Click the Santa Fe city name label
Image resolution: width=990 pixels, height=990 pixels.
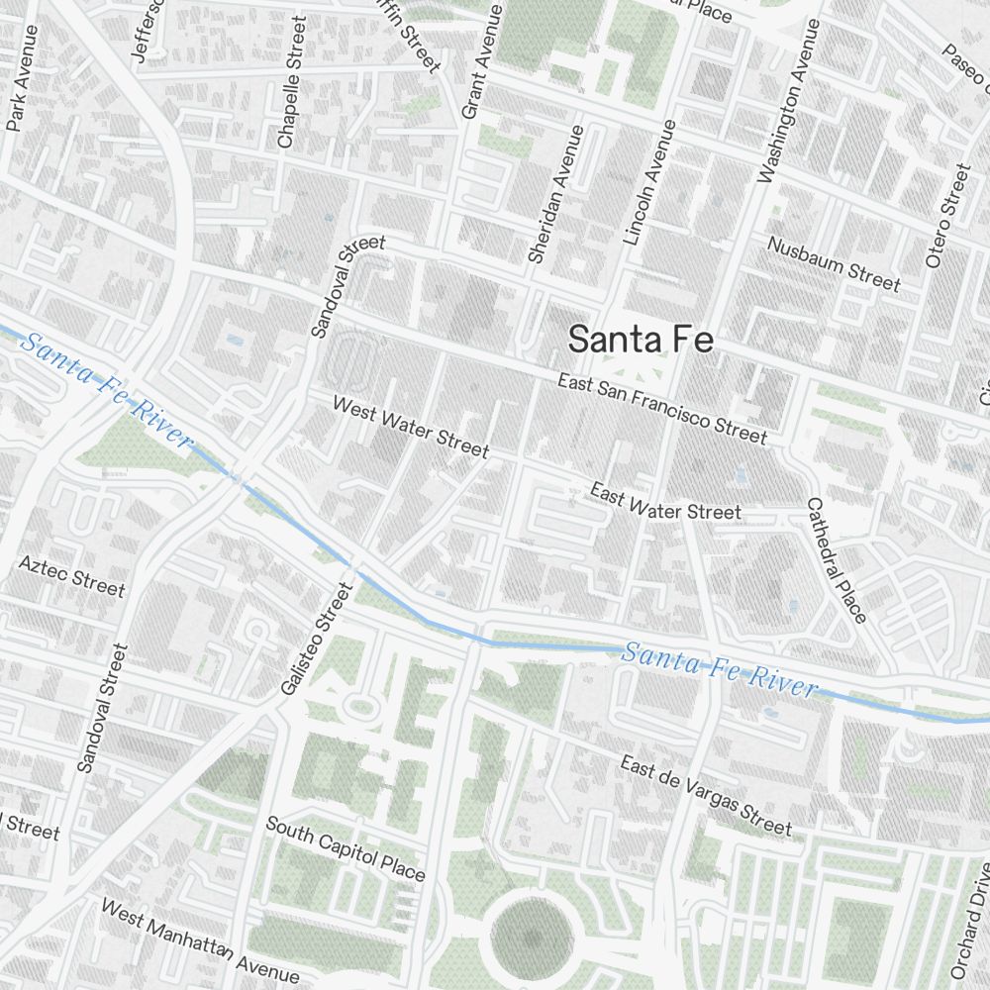641,339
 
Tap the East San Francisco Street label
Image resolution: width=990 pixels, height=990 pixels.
661,408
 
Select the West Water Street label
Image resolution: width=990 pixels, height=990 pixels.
410,427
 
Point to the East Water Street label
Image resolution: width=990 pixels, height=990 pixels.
664,501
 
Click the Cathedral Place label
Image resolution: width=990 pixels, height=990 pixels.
837,560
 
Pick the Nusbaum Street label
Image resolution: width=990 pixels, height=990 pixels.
835,264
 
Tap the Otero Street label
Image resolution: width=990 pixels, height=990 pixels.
948,216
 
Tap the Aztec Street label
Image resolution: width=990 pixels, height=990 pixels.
72,576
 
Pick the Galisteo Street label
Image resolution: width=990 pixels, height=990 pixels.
316,639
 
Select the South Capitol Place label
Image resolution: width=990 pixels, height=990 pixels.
345,848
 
